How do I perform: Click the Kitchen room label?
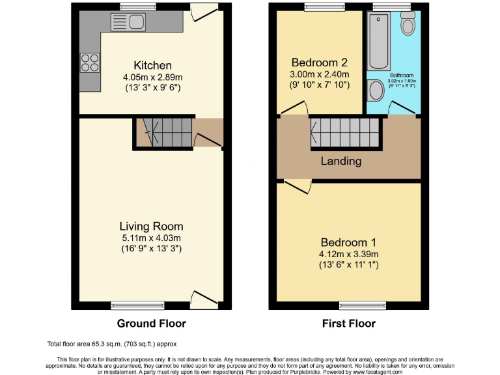coord(152,66)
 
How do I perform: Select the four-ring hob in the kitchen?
coord(89,62)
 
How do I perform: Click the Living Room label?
coord(151,227)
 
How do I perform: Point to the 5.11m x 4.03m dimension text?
coord(151,238)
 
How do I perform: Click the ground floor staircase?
coord(163,132)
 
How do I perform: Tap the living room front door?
coord(204,298)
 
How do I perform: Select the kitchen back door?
coord(204,14)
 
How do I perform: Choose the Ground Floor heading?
coord(151,324)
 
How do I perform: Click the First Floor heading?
coord(348,324)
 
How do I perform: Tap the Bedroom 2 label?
coord(319,63)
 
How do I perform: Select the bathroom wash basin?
coord(376,90)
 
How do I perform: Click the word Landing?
coord(340,161)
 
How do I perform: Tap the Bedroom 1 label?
coord(348,242)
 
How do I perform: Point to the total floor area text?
coord(111,344)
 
